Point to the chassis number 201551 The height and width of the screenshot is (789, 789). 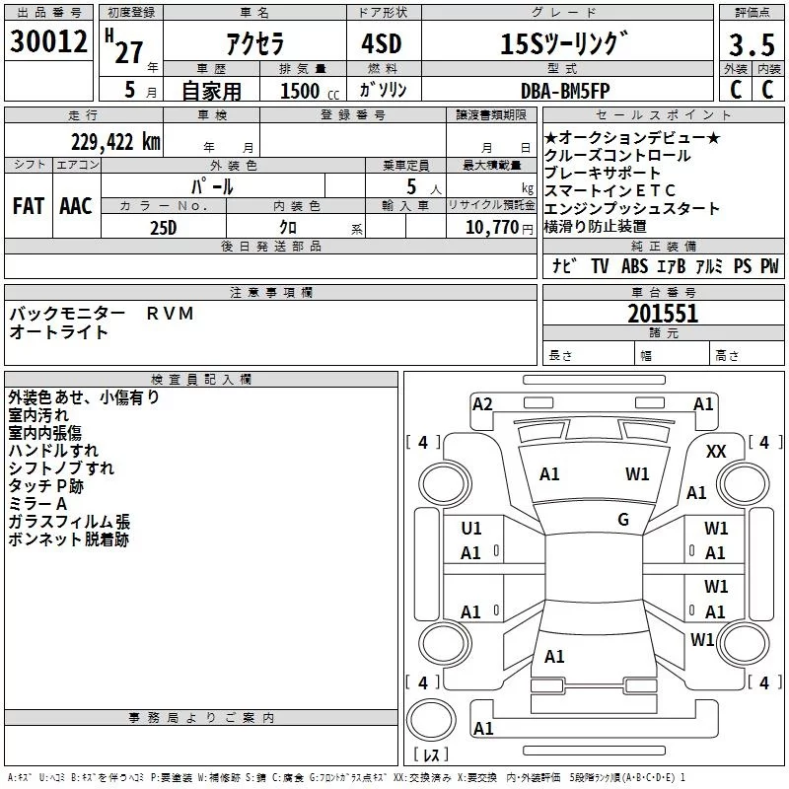click(663, 314)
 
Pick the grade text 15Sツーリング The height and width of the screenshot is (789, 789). click(563, 44)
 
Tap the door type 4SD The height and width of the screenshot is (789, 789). click(382, 44)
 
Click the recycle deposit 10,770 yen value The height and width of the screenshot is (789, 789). click(491, 228)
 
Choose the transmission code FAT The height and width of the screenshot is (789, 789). click(29, 206)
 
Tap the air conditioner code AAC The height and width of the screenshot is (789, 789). click(76, 206)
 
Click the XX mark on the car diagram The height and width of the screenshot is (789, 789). click(717, 451)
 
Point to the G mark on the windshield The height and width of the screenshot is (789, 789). click(623, 519)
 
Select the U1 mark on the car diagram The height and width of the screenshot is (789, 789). click(471, 530)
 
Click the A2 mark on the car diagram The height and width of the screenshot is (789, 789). click(482, 403)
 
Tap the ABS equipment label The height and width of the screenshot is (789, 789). click(634, 266)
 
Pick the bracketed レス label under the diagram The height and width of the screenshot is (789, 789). click(432, 755)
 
